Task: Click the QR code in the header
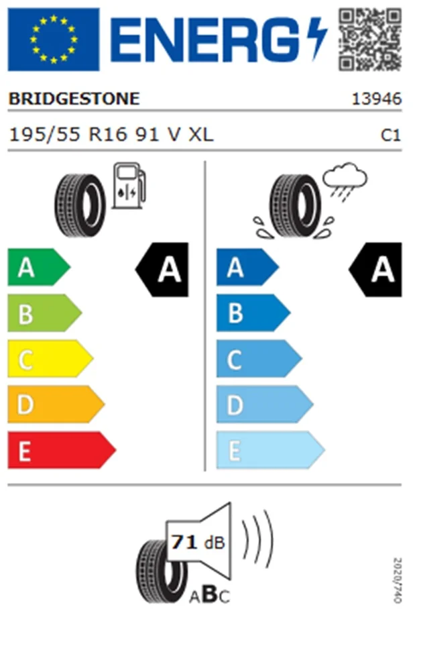pos(370,40)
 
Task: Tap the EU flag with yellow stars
pos(54,40)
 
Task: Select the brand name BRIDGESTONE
pos(74,99)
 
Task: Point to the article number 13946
pos(377,99)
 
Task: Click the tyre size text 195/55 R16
pos(68,135)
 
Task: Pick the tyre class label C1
pos(391,135)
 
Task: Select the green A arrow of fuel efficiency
pos(39,267)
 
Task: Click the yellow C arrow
pos(50,359)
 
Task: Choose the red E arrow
pos(62,450)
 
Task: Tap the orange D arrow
pos(56,404)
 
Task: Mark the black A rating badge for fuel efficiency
pos(162,270)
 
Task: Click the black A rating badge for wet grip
pos(375,270)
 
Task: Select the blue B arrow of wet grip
pos(253,313)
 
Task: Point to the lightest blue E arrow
pos(271,450)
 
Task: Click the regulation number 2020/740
pos(398,580)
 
